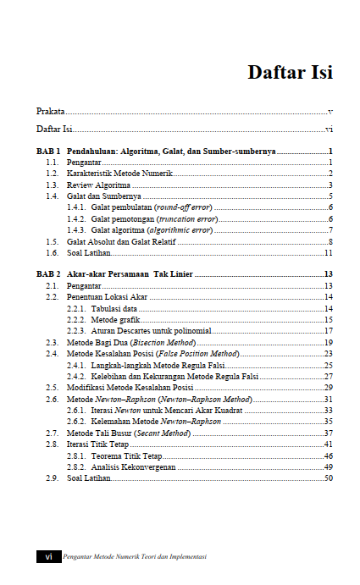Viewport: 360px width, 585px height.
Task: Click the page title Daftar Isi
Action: [x=290, y=72]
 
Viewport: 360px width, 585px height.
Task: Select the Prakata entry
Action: [x=50, y=111]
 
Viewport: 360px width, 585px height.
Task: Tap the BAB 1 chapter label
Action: [x=48, y=150]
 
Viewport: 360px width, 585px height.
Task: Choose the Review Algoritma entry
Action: [x=98, y=185]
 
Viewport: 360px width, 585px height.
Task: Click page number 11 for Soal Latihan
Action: [x=327, y=253]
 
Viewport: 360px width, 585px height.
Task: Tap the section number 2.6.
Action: [x=52, y=399]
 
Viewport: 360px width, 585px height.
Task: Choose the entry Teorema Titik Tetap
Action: [x=126, y=455]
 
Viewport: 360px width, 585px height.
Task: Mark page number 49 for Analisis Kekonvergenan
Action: [x=327, y=466]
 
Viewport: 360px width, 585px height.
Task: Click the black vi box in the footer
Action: [x=48, y=556]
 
